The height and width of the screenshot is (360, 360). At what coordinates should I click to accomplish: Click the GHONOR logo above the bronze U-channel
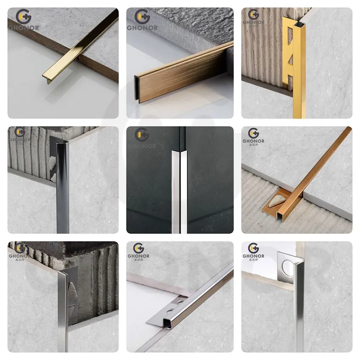[141, 20]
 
